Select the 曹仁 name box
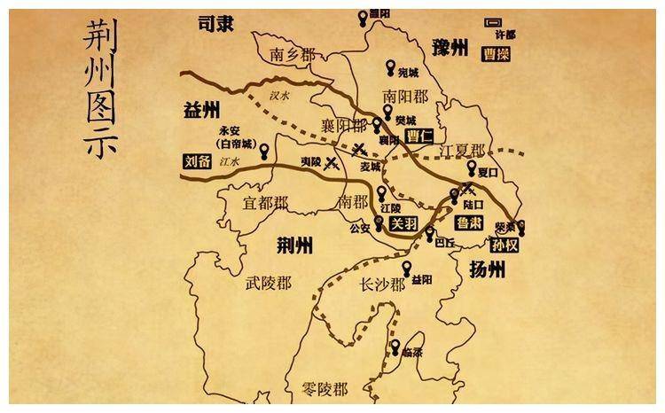pos(418,136)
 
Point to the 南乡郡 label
pos(293,54)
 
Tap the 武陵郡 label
pos(268,283)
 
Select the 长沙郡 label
pos(382,284)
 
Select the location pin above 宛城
pos(391,67)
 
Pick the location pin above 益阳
pos(408,268)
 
